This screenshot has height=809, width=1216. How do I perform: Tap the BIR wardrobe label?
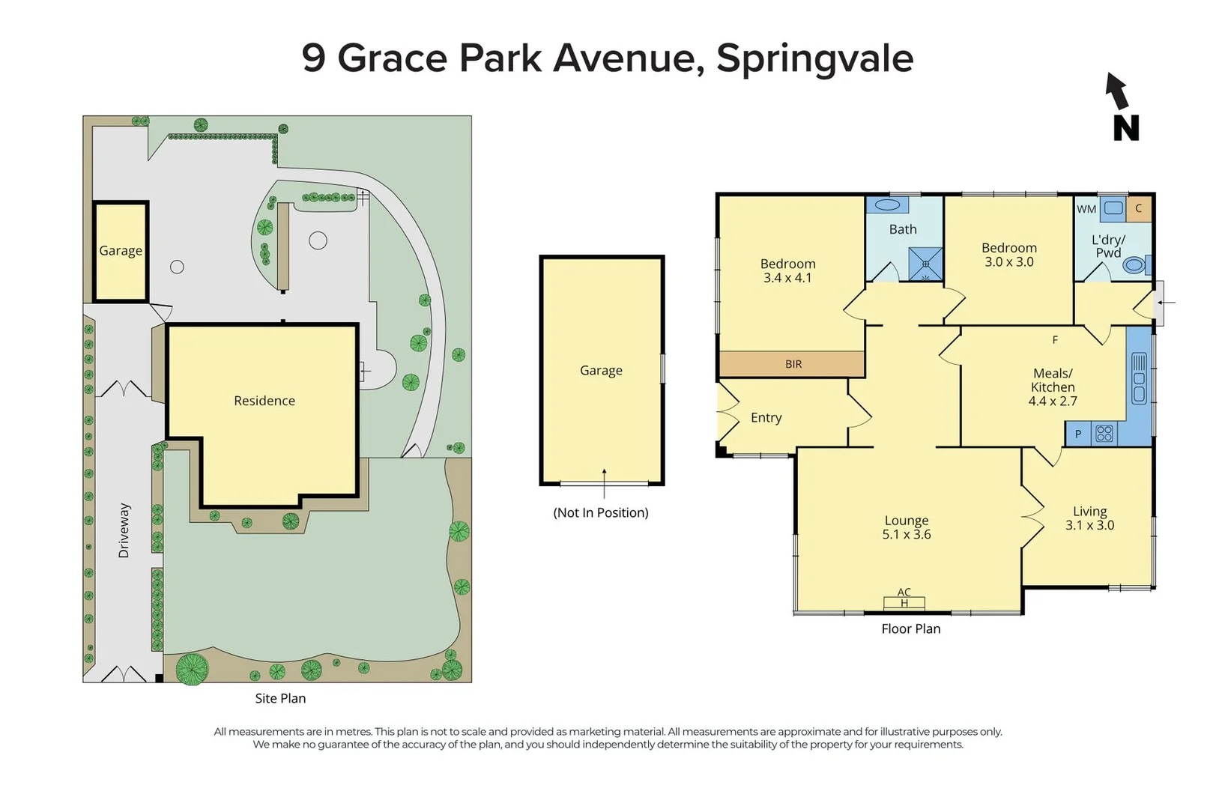tap(793, 364)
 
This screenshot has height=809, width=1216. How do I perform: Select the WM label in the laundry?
tap(1086, 209)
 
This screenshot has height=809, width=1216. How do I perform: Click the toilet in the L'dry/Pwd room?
tap(1134, 264)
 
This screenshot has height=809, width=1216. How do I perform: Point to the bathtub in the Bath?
tap(887, 204)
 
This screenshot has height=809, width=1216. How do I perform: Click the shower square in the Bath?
tap(925, 264)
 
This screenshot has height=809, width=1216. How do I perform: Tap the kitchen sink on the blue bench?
tap(1139, 379)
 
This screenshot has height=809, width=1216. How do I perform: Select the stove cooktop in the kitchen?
tap(1104, 433)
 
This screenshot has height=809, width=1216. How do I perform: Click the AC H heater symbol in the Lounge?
tap(904, 599)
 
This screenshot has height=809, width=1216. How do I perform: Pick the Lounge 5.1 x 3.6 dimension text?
tap(907, 535)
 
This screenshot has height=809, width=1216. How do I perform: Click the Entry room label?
tap(766, 418)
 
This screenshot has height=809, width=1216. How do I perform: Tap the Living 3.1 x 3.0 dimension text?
tap(1089, 526)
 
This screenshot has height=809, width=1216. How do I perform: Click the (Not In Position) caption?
tap(601, 513)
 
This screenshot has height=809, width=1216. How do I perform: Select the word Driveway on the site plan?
tap(124, 530)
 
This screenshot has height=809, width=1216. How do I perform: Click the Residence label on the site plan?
tap(264, 401)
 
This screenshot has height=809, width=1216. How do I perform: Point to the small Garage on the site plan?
tap(121, 251)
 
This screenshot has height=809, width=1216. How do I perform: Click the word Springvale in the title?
tap(814, 58)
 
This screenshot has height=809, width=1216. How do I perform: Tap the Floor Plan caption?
tap(910, 629)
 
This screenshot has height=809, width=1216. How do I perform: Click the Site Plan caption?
tap(280, 698)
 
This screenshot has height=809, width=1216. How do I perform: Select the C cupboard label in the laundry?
tap(1138, 208)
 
